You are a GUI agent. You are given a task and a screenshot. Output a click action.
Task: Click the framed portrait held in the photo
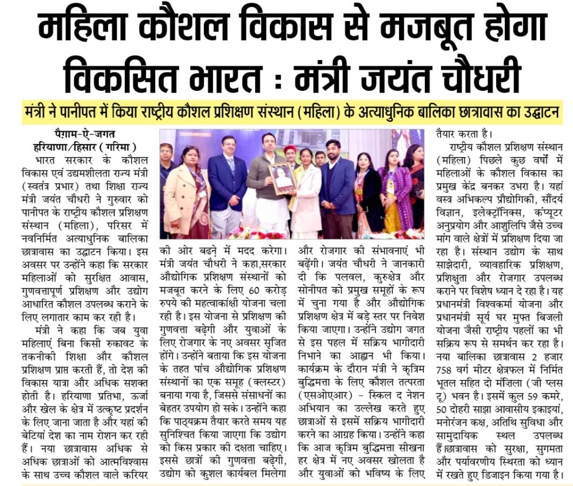(x=283, y=178)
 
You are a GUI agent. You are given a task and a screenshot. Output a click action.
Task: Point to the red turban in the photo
(x=290, y=149)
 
